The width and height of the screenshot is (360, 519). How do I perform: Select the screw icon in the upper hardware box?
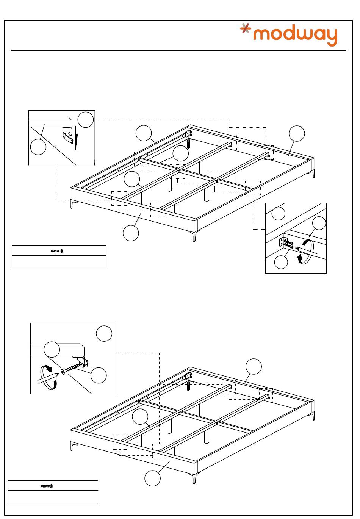pyautogui.click(x=57, y=251)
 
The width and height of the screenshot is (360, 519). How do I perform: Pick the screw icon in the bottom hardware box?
pyautogui.click(x=47, y=486)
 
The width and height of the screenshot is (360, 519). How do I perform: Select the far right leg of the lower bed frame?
pyautogui.click(x=313, y=416)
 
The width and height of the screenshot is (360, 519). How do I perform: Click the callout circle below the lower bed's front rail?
pyautogui.click(x=152, y=478)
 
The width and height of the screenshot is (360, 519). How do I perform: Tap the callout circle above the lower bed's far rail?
pyautogui.click(x=254, y=366)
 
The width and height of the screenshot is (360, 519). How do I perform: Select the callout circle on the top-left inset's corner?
pyautogui.click(x=86, y=119)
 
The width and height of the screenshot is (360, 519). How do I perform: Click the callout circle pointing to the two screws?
pyautogui.click(x=281, y=262)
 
